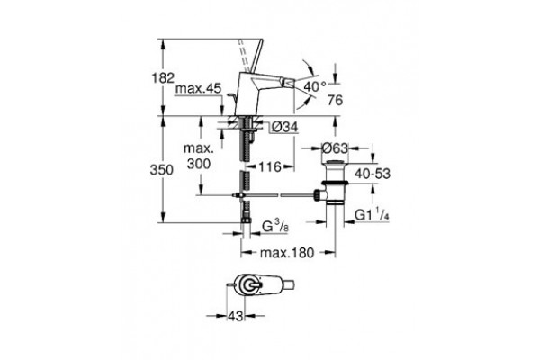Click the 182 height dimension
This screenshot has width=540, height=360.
163,78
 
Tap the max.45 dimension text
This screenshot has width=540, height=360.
198,89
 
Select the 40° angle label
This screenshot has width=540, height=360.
315,86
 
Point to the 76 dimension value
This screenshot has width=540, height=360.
335,100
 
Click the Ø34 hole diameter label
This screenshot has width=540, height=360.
283,127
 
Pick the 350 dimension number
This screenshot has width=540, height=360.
161,170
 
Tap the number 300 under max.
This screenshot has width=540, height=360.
199,164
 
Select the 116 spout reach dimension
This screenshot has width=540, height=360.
270,167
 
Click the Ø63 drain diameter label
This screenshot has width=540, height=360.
335,148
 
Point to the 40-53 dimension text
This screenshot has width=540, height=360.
373,174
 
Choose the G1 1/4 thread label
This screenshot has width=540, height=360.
373,215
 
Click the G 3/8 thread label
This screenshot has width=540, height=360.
275,226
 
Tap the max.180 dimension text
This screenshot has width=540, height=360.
287,253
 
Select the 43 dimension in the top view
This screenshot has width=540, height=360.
236,316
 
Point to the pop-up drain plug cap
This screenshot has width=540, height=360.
335,163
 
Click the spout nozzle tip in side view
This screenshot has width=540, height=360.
289,83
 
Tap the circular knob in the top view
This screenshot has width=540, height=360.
249,285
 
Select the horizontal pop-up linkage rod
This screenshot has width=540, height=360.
277,195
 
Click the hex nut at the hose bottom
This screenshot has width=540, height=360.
246,220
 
